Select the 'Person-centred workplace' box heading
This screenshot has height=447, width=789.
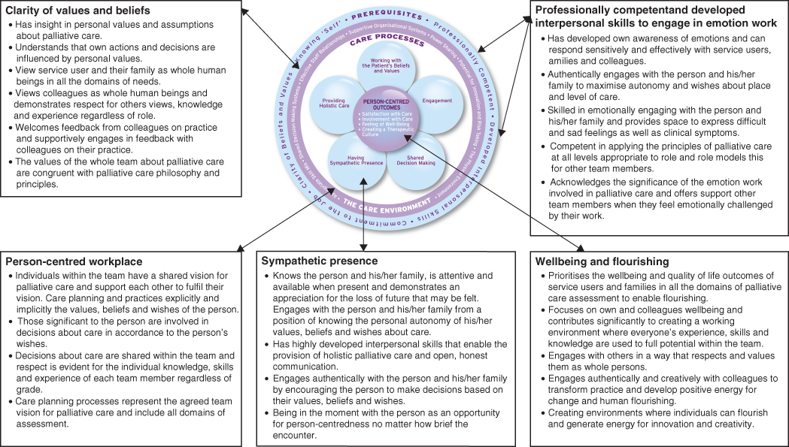(x=74, y=261)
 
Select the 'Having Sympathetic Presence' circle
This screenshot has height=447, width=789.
(x=356, y=160)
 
